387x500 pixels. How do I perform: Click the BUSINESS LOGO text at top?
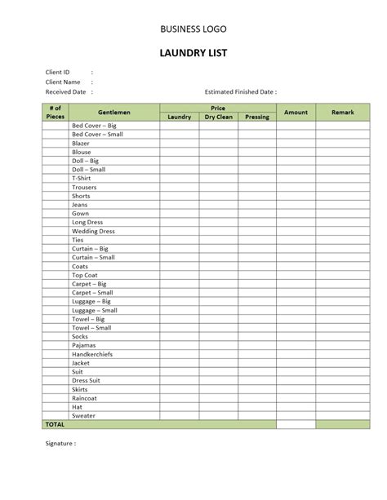click(193, 29)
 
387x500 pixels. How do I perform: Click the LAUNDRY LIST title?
click(193, 54)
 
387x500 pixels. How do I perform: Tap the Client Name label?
click(62, 82)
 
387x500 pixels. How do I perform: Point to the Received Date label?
click(65, 92)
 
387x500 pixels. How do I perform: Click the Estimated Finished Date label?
click(240, 92)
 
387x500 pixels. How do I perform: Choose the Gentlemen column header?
click(114, 112)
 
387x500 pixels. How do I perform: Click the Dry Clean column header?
click(218, 117)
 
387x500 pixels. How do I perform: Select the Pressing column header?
click(256, 117)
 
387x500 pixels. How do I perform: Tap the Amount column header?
click(296, 112)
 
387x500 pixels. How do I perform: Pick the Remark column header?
click(343, 112)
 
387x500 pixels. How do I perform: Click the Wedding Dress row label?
click(93, 231)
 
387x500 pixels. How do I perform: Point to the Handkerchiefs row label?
click(95, 353)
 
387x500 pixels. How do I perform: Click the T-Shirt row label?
click(82, 178)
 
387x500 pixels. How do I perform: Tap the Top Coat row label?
click(85, 275)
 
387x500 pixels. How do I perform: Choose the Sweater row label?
click(84, 415)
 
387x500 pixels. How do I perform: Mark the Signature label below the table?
click(60, 444)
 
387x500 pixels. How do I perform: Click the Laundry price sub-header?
click(179, 117)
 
